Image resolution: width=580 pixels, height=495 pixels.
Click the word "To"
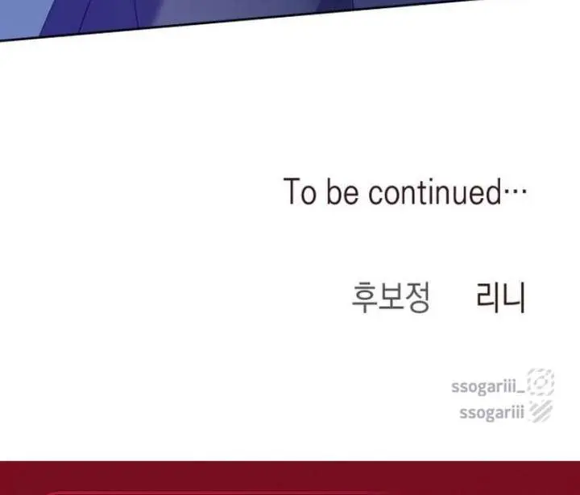(x=300, y=191)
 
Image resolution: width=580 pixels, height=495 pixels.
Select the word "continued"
(x=435, y=191)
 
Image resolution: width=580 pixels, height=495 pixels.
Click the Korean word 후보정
(x=391, y=297)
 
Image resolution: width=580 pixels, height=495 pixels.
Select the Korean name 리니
(x=501, y=297)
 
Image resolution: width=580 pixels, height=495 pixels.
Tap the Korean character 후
(x=364, y=297)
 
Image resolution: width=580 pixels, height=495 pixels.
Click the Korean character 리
(x=487, y=297)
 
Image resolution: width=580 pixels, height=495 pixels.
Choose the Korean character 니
(x=513, y=297)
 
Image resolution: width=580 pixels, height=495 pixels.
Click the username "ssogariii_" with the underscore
(x=487, y=386)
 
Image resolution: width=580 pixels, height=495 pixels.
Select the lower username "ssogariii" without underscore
(x=491, y=412)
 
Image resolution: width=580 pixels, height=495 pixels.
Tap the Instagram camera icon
(x=541, y=382)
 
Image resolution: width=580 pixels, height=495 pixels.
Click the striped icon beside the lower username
(x=541, y=410)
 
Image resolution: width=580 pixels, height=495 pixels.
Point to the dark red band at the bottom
(x=290, y=477)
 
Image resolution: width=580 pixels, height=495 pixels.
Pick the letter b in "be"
(x=333, y=191)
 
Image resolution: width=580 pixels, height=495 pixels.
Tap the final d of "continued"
(x=494, y=191)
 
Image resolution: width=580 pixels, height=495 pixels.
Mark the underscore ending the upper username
(x=520, y=392)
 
